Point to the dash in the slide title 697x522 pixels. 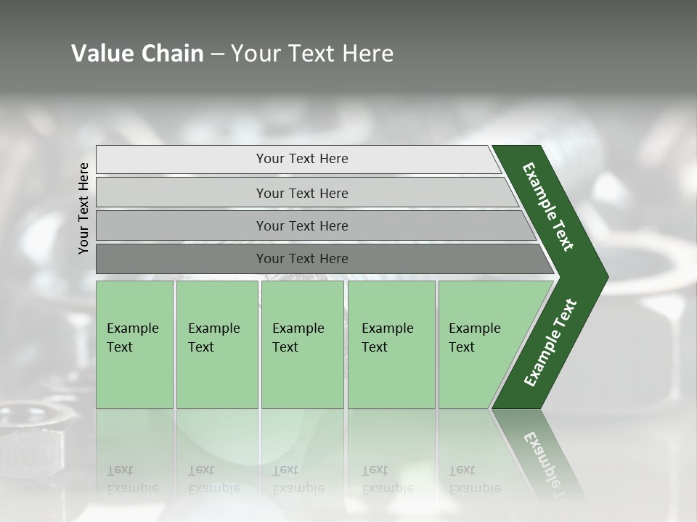(217, 54)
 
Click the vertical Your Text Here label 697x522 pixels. (83, 208)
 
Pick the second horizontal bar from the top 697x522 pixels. (301, 193)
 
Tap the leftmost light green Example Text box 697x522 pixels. (134, 344)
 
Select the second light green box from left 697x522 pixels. (216, 344)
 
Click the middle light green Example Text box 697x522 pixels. (302, 344)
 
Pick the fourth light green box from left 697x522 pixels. (391, 344)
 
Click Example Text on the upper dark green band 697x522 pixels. (548, 207)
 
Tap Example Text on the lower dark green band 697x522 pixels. (550, 343)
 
